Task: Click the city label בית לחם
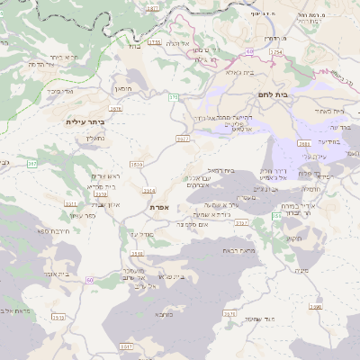pyautogui.click(x=282, y=93)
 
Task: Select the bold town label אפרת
pyautogui.click(x=159, y=206)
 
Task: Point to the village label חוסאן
pyautogui.click(x=122, y=88)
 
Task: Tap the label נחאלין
pyautogui.click(x=94, y=139)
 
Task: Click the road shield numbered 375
pyautogui.click(x=173, y=96)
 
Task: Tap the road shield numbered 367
pyautogui.click(x=31, y=163)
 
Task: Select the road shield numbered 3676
pyautogui.click(x=115, y=108)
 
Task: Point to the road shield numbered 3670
pyautogui.click(x=229, y=314)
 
